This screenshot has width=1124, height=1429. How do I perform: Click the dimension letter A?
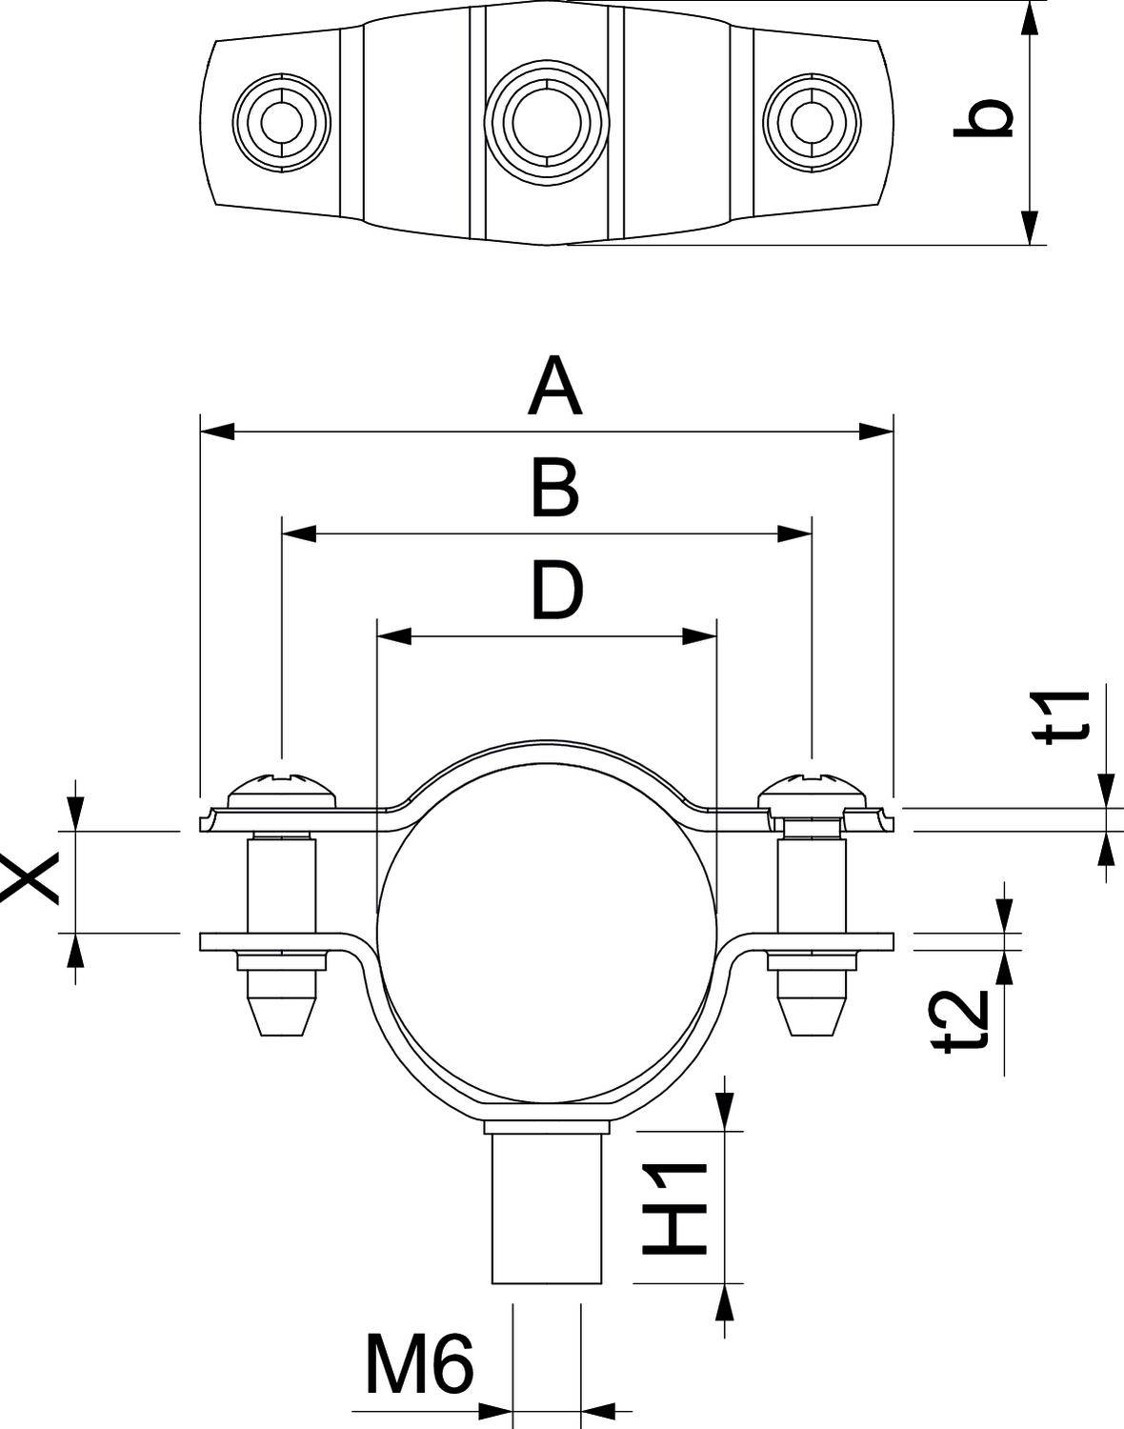(555, 386)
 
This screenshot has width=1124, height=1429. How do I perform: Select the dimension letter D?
(557, 590)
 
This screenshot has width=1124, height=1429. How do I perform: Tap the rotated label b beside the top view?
(983, 118)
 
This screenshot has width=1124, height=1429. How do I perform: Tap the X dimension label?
(30, 877)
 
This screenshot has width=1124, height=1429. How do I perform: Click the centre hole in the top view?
(547, 123)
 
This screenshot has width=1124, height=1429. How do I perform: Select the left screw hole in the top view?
(282, 123)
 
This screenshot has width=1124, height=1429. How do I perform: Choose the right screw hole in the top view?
(812, 123)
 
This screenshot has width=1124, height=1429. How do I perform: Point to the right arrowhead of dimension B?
(794, 533)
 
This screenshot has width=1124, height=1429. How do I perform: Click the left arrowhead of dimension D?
(394, 636)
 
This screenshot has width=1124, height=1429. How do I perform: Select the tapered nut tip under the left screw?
(282, 1013)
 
